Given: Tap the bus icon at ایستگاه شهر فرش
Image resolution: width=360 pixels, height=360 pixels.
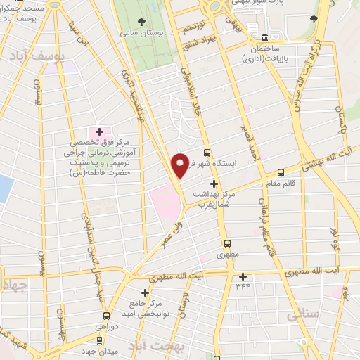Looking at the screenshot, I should click(207, 152).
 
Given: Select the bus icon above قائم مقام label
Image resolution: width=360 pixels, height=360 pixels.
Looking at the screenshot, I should click(281, 172).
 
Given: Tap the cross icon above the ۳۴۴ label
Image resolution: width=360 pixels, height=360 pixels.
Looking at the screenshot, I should click(243, 276).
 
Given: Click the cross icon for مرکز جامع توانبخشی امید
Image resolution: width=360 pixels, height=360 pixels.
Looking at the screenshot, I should click(146, 292).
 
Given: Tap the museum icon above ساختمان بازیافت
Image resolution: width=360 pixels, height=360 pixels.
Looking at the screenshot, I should click(264, 37).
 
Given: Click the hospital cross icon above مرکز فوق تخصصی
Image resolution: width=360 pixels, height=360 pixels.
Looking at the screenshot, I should click(99, 131).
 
